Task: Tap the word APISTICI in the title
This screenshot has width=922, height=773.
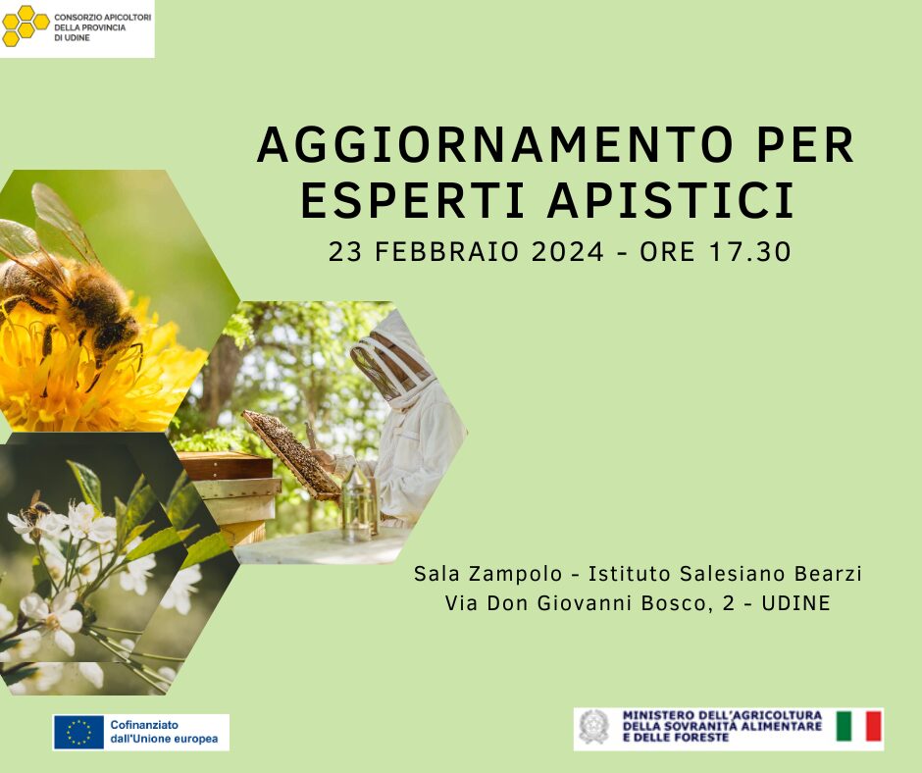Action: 671,200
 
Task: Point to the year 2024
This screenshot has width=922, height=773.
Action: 567,252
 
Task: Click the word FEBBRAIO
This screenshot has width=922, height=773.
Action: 447,252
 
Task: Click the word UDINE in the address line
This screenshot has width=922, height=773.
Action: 795,603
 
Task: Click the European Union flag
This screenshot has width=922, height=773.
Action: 78,733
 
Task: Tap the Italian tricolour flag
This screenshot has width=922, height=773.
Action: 858,726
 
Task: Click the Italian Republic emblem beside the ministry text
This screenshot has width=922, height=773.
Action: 593,727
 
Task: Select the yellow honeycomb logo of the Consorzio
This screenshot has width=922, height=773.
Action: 25,26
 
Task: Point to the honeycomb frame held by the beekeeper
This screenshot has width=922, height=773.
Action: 291,454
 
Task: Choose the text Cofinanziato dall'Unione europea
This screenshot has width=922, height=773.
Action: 164,732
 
